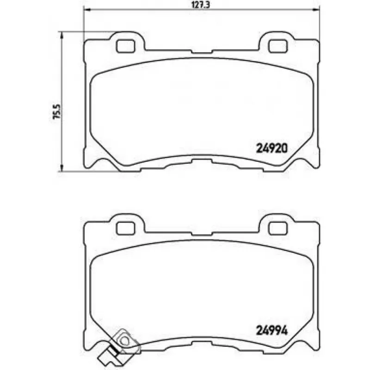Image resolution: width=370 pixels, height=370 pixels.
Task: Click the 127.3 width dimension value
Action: (200, 5)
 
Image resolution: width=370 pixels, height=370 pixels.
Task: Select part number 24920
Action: (272, 148)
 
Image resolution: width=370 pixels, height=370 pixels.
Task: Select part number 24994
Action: (272, 330)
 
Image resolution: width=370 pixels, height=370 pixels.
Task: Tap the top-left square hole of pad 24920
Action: (125, 46)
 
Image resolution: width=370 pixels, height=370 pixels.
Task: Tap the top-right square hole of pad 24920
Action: (278, 46)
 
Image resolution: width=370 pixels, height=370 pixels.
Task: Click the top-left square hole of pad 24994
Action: (125, 228)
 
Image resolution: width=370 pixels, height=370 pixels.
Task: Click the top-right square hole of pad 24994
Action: (278, 228)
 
